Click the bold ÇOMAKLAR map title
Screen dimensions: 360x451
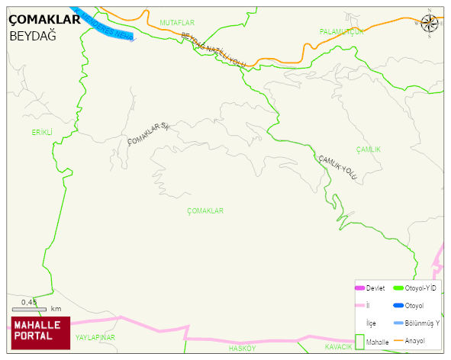coord(43,21)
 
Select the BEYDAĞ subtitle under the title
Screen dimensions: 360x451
coord(33,36)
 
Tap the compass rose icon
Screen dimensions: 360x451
coord(430,24)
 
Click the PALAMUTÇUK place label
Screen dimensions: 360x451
coord(342,31)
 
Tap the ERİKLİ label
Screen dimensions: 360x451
coord(41,132)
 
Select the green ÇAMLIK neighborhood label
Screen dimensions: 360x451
coord(368,149)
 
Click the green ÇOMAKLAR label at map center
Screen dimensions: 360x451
coord(205,211)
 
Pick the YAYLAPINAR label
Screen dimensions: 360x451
coord(95,336)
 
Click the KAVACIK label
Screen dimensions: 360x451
coord(338,347)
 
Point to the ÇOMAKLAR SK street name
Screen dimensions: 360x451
coord(147,134)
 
